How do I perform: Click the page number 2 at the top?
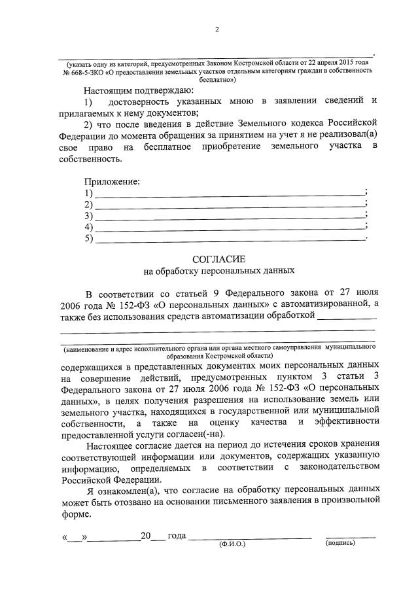point(217,29)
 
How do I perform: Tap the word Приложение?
point(112,181)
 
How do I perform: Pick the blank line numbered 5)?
point(230,238)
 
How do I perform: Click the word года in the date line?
point(177,536)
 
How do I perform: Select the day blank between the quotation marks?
point(77,536)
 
